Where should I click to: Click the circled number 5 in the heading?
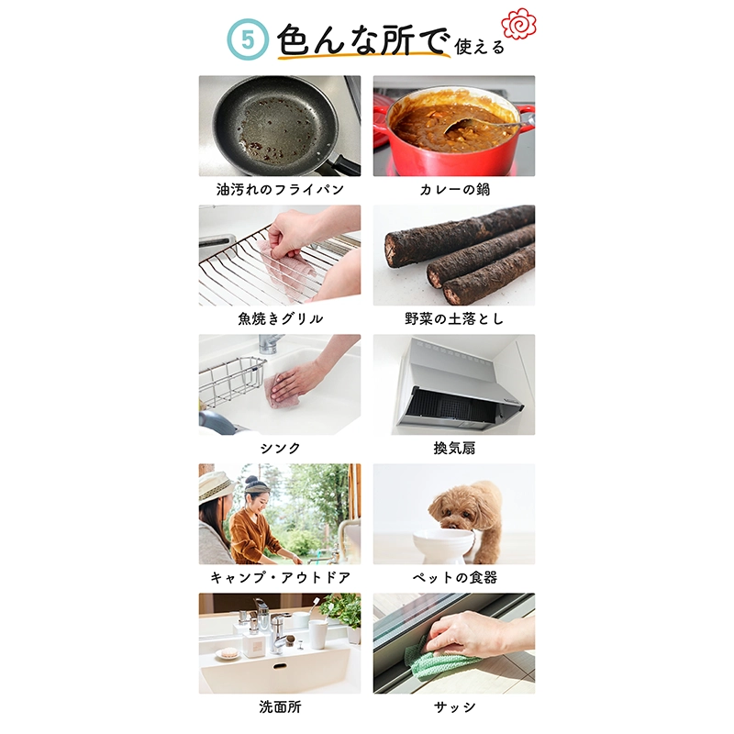[x=248, y=39]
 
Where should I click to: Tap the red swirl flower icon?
[x=518, y=24]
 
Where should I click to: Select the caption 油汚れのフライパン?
[x=280, y=189]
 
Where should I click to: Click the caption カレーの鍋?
[x=454, y=189]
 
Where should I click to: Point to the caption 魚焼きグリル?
[x=280, y=318]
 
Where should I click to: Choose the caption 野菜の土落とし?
[x=454, y=318]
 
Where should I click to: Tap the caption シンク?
[x=280, y=448]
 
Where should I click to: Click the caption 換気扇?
[x=454, y=448]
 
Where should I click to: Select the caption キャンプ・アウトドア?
[x=280, y=577]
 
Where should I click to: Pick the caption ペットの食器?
[x=454, y=577]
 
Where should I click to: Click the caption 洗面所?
[x=280, y=706]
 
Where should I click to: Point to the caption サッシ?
[x=454, y=706]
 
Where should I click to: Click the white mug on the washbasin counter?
[x=317, y=634]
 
